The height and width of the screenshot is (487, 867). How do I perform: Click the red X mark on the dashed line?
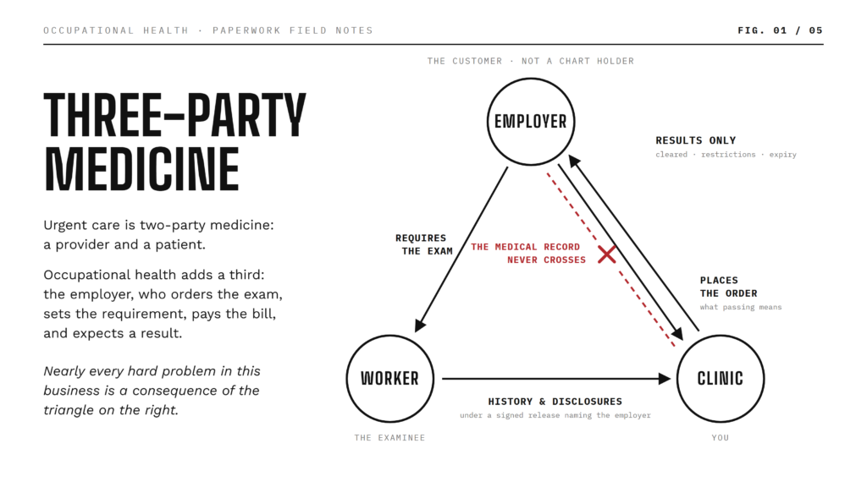click(x=606, y=254)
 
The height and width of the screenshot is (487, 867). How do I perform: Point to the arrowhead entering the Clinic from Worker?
click(x=665, y=379)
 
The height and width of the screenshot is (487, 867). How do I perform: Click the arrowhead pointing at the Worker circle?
click(x=420, y=326)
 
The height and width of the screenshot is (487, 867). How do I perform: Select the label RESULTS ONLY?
click(x=696, y=140)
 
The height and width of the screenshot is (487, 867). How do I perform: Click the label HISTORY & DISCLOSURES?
click(x=555, y=402)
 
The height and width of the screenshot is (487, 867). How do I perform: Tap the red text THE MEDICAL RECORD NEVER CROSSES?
click(x=528, y=254)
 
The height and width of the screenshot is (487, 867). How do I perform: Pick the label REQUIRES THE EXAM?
click(x=424, y=244)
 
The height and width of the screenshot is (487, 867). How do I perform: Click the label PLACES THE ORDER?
click(x=728, y=287)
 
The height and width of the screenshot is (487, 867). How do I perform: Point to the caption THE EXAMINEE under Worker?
click(x=389, y=438)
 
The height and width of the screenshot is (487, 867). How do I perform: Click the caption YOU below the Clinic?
click(x=720, y=438)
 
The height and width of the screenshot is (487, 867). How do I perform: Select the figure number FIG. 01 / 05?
click(x=780, y=30)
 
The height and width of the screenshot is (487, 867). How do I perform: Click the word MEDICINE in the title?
click(x=141, y=169)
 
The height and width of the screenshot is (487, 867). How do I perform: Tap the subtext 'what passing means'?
click(x=740, y=307)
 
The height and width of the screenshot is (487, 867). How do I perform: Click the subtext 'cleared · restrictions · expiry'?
click(x=726, y=155)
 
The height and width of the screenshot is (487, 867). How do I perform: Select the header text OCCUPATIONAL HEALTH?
click(x=116, y=30)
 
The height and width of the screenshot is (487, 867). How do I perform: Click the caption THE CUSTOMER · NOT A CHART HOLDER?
click(x=531, y=61)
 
